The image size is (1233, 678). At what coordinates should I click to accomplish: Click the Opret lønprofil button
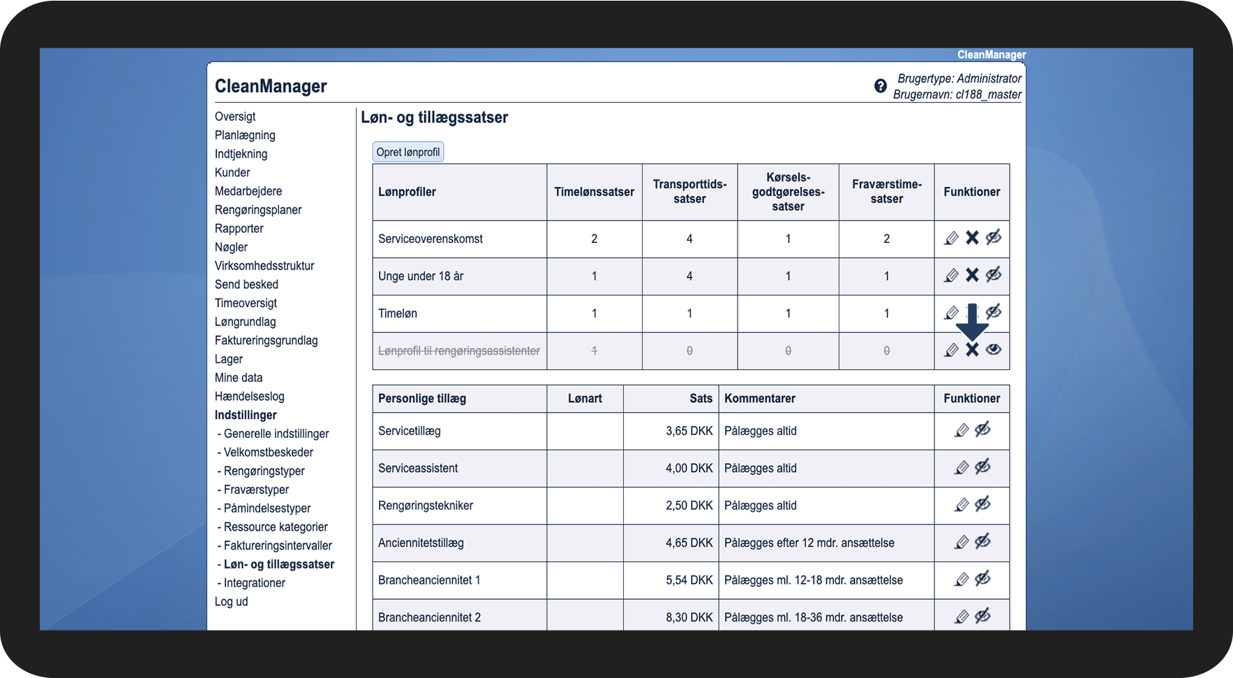(408, 152)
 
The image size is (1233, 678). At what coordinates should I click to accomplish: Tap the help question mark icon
(881, 86)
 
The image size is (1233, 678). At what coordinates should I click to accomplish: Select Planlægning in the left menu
(245, 135)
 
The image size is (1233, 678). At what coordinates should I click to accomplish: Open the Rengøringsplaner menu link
(258, 210)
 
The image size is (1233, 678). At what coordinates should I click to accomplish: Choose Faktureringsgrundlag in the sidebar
(266, 341)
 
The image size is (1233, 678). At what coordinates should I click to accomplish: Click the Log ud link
(231, 602)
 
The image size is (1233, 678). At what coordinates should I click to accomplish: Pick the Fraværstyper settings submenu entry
(256, 490)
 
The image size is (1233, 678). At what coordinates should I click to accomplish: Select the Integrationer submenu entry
(254, 583)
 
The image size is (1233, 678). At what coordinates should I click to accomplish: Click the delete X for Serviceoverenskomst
(972, 238)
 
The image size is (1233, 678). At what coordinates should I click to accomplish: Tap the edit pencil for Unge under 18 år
(951, 276)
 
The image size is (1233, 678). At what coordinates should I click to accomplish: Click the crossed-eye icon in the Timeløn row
(994, 311)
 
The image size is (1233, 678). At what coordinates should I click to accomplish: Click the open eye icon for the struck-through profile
(994, 349)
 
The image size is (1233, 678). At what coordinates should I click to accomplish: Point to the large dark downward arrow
(972, 322)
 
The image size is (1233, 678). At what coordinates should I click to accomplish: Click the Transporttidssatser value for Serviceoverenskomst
(689, 239)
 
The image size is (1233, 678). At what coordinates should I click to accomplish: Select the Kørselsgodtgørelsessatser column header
(788, 192)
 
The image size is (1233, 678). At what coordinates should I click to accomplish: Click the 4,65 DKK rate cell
(689, 543)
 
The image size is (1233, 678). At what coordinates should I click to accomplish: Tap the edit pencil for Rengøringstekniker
(962, 505)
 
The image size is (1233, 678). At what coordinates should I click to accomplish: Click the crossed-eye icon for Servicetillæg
(982, 430)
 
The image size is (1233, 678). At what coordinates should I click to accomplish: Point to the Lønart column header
(585, 399)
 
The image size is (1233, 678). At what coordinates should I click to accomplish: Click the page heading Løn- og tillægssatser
(434, 118)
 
